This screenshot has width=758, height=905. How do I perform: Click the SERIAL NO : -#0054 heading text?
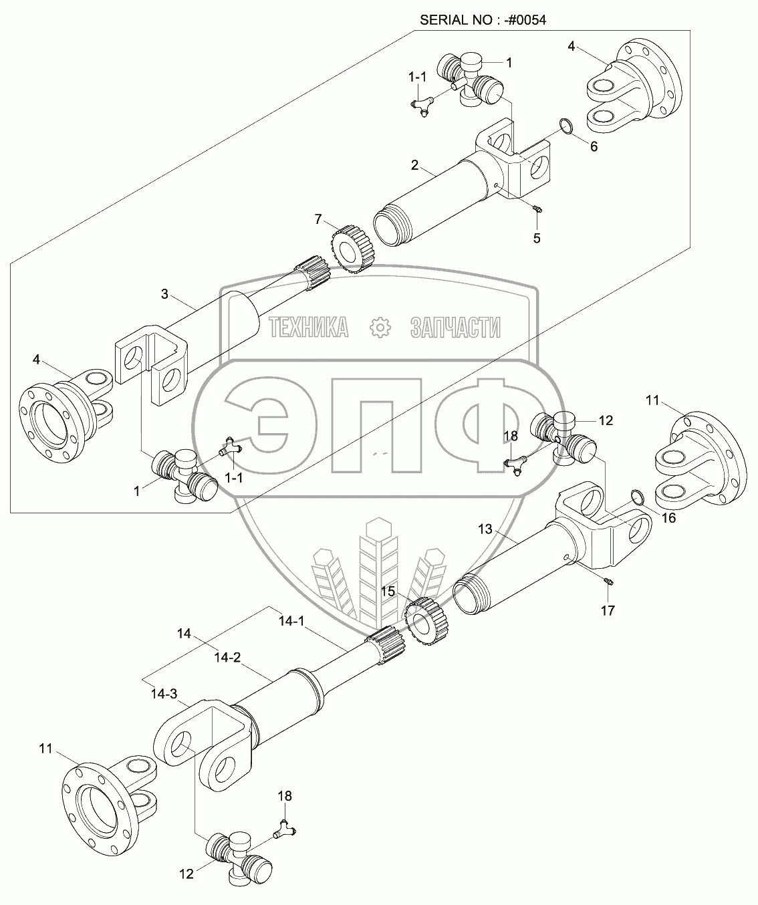pyautogui.click(x=483, y=19)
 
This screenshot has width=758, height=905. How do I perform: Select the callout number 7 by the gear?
pyautogui.click(x=319, y=219)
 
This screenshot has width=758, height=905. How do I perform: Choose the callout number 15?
pyautogui.click(x=388, y=592)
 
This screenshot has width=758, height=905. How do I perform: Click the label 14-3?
pyautogui.click(x=163, y=694)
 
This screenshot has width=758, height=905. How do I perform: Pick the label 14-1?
pyautogui.click(x=291, y=621)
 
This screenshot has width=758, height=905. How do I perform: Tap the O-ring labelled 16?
pyautogui.click(x=638, y=497)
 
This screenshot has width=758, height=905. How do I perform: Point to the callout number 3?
pyautogui.click(x=166, y=293)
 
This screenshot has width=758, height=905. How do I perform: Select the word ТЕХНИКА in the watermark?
pyautogui.click(x=309, y=327)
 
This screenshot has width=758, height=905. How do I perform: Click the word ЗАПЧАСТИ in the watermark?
pyautogui.click(x=454, y=327)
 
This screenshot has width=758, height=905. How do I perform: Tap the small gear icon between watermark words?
pyautogui.click(x=379, y=327)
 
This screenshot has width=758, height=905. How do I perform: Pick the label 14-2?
pyautogui.click(x=227, y=658)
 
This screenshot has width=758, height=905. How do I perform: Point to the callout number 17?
pyautogui.click(x=608, y=610)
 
